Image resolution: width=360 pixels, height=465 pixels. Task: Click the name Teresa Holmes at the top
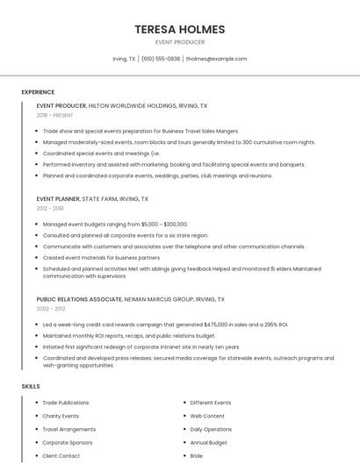(x=179, y=29)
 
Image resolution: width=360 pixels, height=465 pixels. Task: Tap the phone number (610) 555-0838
(x=161, y=59)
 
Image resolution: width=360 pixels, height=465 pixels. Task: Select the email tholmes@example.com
(x=216, y=59)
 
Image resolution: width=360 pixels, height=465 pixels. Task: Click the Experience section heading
(x=38, y=92)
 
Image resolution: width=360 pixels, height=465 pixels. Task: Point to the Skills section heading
(x=30, y=386)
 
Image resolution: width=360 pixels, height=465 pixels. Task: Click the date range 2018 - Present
(x=54, y=115)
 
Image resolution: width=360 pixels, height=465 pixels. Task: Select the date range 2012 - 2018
(x=50, y=209)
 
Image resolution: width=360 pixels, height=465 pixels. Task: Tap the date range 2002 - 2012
(x=50, y=309)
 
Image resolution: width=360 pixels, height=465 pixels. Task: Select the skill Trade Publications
(x=66, y=403)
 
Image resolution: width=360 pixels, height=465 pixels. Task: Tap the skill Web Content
(x=207, y=416)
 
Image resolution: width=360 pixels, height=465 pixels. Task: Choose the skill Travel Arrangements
(x=69, y=429)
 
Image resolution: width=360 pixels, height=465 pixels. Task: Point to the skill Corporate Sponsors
(x=68, y=442)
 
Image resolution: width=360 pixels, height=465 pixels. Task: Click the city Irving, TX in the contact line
(x=124, y=59)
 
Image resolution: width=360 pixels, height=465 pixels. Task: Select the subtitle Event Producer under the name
(x=179, y=42)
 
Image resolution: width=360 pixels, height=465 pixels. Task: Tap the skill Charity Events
(x=61, y=416)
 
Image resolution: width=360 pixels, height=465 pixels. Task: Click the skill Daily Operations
(x=211, y=429)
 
